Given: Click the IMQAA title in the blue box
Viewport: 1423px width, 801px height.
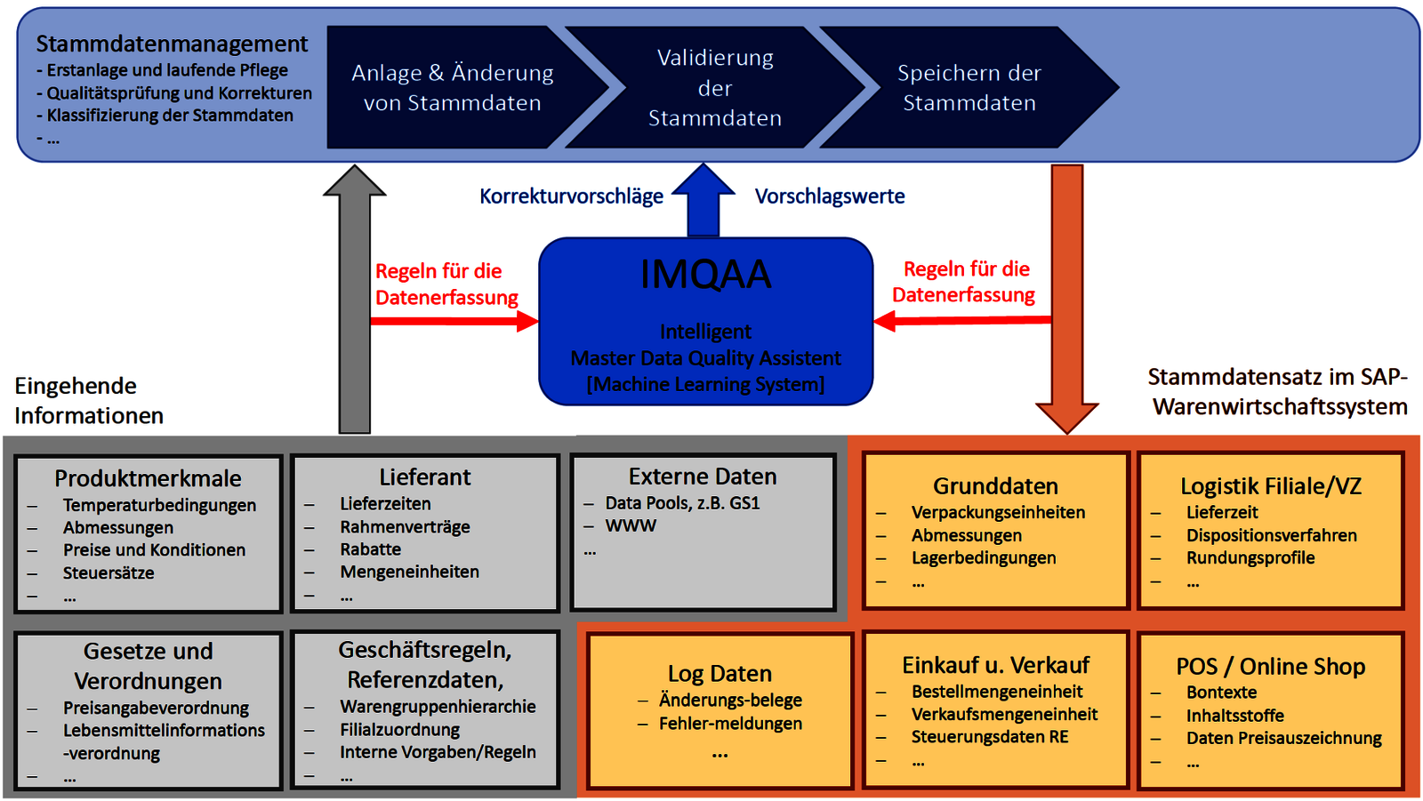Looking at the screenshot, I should tap(705, 275).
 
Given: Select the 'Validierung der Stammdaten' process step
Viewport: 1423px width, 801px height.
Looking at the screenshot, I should tap(715, 88).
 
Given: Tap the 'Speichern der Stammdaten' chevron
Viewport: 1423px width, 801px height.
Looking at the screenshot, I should tap(969, 88).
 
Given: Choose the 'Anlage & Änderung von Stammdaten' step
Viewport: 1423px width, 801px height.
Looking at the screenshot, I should tap(452, 88).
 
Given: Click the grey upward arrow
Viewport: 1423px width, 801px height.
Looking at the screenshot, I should tap(355, 302).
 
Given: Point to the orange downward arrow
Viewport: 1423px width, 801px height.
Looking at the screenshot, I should tap(1067, 293).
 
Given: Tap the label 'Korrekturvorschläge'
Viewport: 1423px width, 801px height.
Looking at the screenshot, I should tap(571, 196).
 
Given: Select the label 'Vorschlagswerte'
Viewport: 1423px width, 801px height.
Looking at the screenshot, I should tap(830, 196).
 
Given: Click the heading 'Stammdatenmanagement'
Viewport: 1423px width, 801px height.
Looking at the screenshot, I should tap(172, 44).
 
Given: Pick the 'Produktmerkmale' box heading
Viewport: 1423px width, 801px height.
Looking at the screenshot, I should tap(148, 478).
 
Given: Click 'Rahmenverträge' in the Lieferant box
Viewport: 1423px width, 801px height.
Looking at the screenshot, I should tap(405, 526).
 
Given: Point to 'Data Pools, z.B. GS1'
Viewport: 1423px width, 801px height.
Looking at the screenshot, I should tap(682, 503).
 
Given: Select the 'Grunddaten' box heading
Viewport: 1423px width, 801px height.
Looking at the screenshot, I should tap(995, 486).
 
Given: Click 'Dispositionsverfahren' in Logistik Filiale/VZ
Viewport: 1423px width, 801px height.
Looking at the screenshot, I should tap(1271, 535).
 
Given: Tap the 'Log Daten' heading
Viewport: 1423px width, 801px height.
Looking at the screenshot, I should tap(720, 674).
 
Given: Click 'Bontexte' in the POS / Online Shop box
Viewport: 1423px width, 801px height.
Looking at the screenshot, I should tap(1221, 693).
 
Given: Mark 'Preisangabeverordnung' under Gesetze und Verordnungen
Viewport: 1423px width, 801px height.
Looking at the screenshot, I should tap(156, 709).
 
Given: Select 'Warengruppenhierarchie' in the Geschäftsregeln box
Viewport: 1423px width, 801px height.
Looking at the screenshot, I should tap(438, 707).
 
